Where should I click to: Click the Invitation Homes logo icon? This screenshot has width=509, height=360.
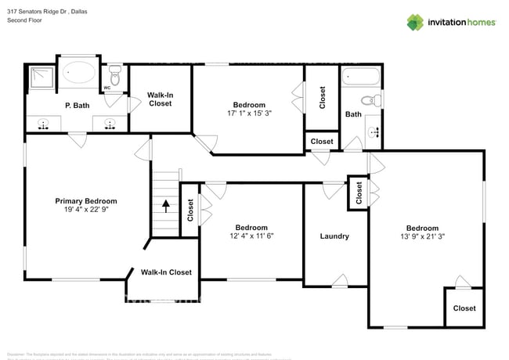tap(415, 22)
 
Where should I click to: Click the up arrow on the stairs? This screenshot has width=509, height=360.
tap(166, 207)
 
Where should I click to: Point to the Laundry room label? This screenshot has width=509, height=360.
tap(334, 236)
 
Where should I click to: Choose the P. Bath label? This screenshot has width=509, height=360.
tap(76, 105)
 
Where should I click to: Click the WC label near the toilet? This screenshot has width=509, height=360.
tap(107, 88)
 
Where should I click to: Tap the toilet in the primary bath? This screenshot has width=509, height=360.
tap(114, 77)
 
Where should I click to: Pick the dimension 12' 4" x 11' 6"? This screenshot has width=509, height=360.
tap(251, 236)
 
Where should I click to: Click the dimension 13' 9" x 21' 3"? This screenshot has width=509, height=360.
tap(421, 236)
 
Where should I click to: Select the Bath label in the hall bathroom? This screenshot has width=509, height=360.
tap(353, 114)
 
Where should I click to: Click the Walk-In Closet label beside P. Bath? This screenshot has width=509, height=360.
tap(160, 99)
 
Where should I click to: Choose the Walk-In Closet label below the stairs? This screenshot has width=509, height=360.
tap(166, 272)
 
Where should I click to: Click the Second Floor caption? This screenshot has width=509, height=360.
tap(24, 20)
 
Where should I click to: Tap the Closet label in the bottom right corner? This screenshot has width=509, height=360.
tap(464, 308)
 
